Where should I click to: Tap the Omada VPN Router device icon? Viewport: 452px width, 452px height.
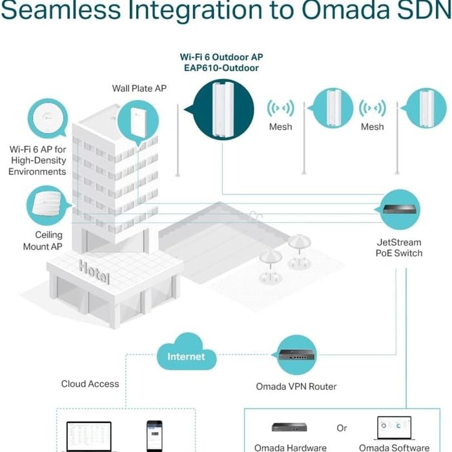pos(296,355)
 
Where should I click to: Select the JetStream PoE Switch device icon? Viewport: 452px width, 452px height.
pos(399,210)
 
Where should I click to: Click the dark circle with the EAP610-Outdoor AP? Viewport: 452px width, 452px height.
pos(223,110)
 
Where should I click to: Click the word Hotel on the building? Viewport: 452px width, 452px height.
pos(94,272)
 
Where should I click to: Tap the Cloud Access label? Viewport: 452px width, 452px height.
pos(90,384)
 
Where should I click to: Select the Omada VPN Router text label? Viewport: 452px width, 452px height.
pos(296,387)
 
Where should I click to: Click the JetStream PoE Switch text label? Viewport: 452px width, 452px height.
pos(399,247)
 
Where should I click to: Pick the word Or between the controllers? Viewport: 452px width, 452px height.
pos(342,428)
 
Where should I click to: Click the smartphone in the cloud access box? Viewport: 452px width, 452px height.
pos(154,436)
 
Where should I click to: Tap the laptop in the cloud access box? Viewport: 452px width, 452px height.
pos(89,437)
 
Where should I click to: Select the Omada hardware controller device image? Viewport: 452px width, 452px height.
pos(289,427)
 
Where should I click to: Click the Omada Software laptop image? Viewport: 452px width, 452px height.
pos(394,428)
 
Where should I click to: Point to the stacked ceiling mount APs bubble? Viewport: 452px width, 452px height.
pos(48,205)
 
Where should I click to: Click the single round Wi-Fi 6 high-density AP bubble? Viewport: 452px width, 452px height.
pos(48,118)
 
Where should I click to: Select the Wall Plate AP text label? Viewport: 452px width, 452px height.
pos(139,88)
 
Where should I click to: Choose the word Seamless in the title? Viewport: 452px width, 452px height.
pos(61,10)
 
